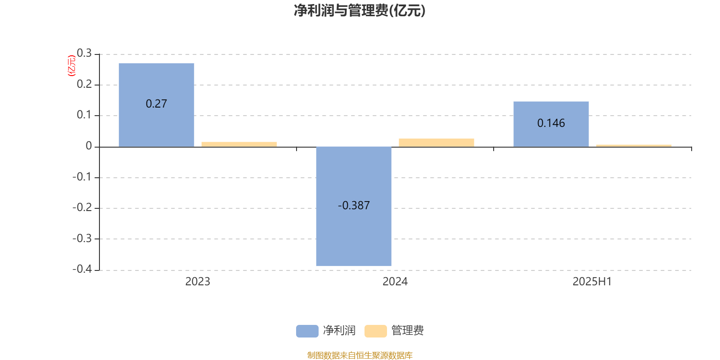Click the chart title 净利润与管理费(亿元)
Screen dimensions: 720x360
tap(360, 11)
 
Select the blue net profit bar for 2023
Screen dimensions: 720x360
tap(156, 105)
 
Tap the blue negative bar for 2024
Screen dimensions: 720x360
tap(354, 207)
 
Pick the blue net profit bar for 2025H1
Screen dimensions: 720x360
tap(551, 124)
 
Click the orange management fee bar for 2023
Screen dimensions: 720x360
tap(239, 144)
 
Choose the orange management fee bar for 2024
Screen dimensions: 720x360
tap(436, 143)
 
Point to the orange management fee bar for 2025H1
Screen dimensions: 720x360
tap(634, 146)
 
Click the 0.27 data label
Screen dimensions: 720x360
tap(156, 104)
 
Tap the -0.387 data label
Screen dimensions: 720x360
tap(354, 205)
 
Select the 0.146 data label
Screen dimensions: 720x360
tap(551, 123)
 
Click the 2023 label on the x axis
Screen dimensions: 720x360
tap(198, 282)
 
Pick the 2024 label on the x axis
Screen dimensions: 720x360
tap(395, 282)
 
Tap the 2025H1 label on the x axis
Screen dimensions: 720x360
tap(592, 282)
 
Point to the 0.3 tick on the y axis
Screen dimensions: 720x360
tap(84, 53)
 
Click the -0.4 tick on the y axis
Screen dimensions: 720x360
tap(82, 269)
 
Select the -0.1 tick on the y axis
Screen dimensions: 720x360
tap(82, 177)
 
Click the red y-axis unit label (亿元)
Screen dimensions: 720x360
tap(72, 66)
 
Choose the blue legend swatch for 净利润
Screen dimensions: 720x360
tap(307, 331)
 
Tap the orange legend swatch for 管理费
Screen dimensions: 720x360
tap(375, 331)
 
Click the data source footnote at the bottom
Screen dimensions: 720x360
tap(360, 355)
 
